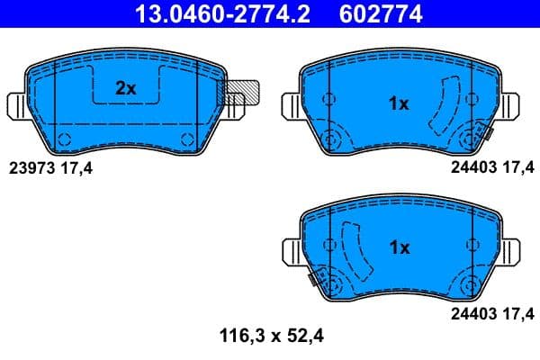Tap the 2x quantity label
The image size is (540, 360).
(x=125, y=87)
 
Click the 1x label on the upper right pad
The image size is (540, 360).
(x=399, y=103)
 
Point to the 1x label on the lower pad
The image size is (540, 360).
(x=399, y=247)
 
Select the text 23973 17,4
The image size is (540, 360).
(x=51, y=166)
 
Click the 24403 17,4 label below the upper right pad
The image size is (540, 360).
(x=492, y=166)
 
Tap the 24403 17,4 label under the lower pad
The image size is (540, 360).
(x=492, y=313)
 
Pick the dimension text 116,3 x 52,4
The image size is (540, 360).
(x=271, y=337)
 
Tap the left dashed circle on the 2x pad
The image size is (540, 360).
(x=64, y=138)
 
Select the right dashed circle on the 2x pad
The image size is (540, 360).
(x=187, y=138)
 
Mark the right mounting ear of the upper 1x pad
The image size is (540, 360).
(x=510, y=105)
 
